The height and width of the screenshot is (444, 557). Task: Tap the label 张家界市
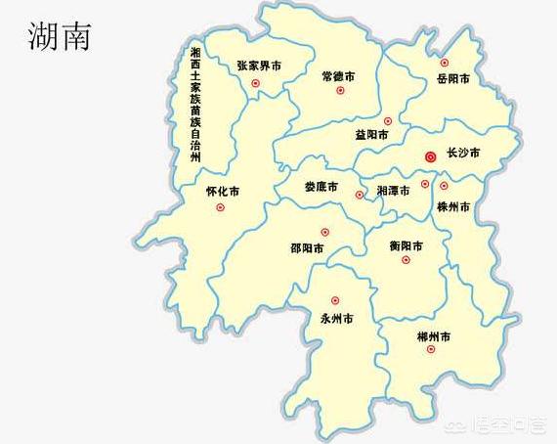pos(259,66)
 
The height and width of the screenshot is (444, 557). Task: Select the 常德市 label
pos(338,75)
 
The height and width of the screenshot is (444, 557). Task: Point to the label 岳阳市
pos(452,77)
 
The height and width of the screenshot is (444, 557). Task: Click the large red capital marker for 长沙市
pos(430,155)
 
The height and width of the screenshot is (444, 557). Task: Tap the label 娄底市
pos(321,186)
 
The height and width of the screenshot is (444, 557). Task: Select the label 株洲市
pos(453,207)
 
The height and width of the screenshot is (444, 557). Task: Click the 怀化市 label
pos(223,191)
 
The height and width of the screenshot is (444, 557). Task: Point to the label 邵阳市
pos(309,247)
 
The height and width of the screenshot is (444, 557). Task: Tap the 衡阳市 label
pos(406,245)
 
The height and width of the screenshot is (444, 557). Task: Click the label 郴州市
pos(432,335)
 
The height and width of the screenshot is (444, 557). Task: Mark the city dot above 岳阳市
pos(445,62)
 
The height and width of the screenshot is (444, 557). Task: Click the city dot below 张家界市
pos(255,84)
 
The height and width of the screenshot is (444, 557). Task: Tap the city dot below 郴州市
pos(430,349)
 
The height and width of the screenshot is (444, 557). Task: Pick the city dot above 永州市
pos(334,300)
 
